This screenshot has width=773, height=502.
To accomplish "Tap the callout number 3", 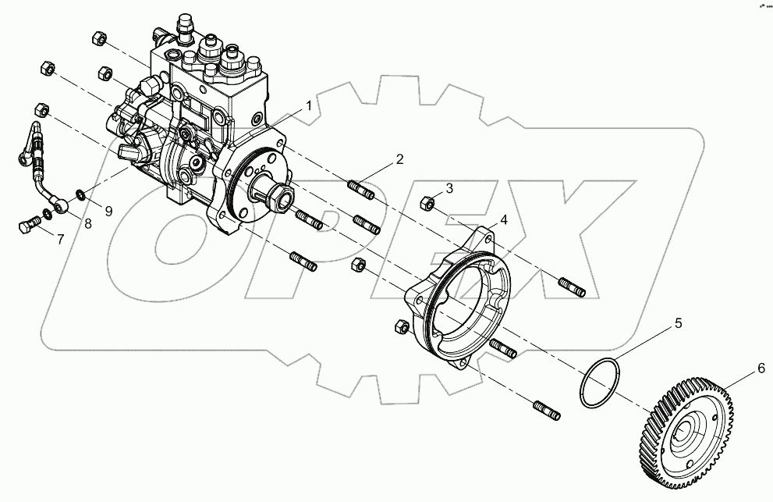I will [x=449, y=188].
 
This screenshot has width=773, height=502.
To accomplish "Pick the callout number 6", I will [x=759, y=372].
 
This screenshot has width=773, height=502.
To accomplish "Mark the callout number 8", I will [x=87, y=224].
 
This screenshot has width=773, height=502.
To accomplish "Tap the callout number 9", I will [x=108, y=210].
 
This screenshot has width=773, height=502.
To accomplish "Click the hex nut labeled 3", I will [x=428, y=203].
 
